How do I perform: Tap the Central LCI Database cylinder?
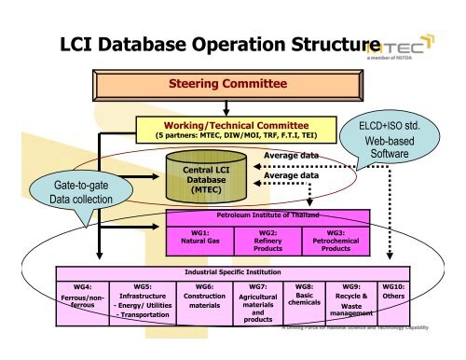[198, 175]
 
